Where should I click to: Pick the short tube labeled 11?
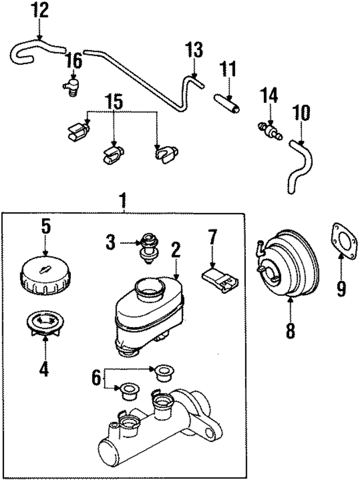[227, 105]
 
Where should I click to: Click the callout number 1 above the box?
[123, 200]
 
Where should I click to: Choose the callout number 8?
[290, 330]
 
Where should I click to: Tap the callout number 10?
[301, 114]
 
